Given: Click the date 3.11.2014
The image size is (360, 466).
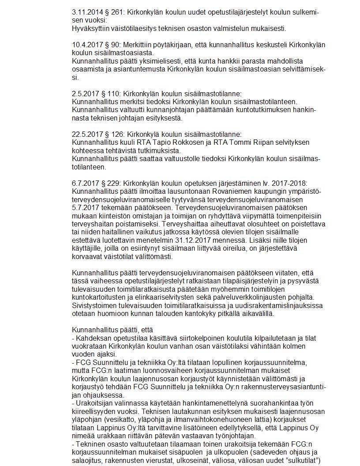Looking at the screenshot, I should (87, 13).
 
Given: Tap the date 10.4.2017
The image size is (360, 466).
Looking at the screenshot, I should (87, 45).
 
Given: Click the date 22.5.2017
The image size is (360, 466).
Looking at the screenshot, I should (87, 134).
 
